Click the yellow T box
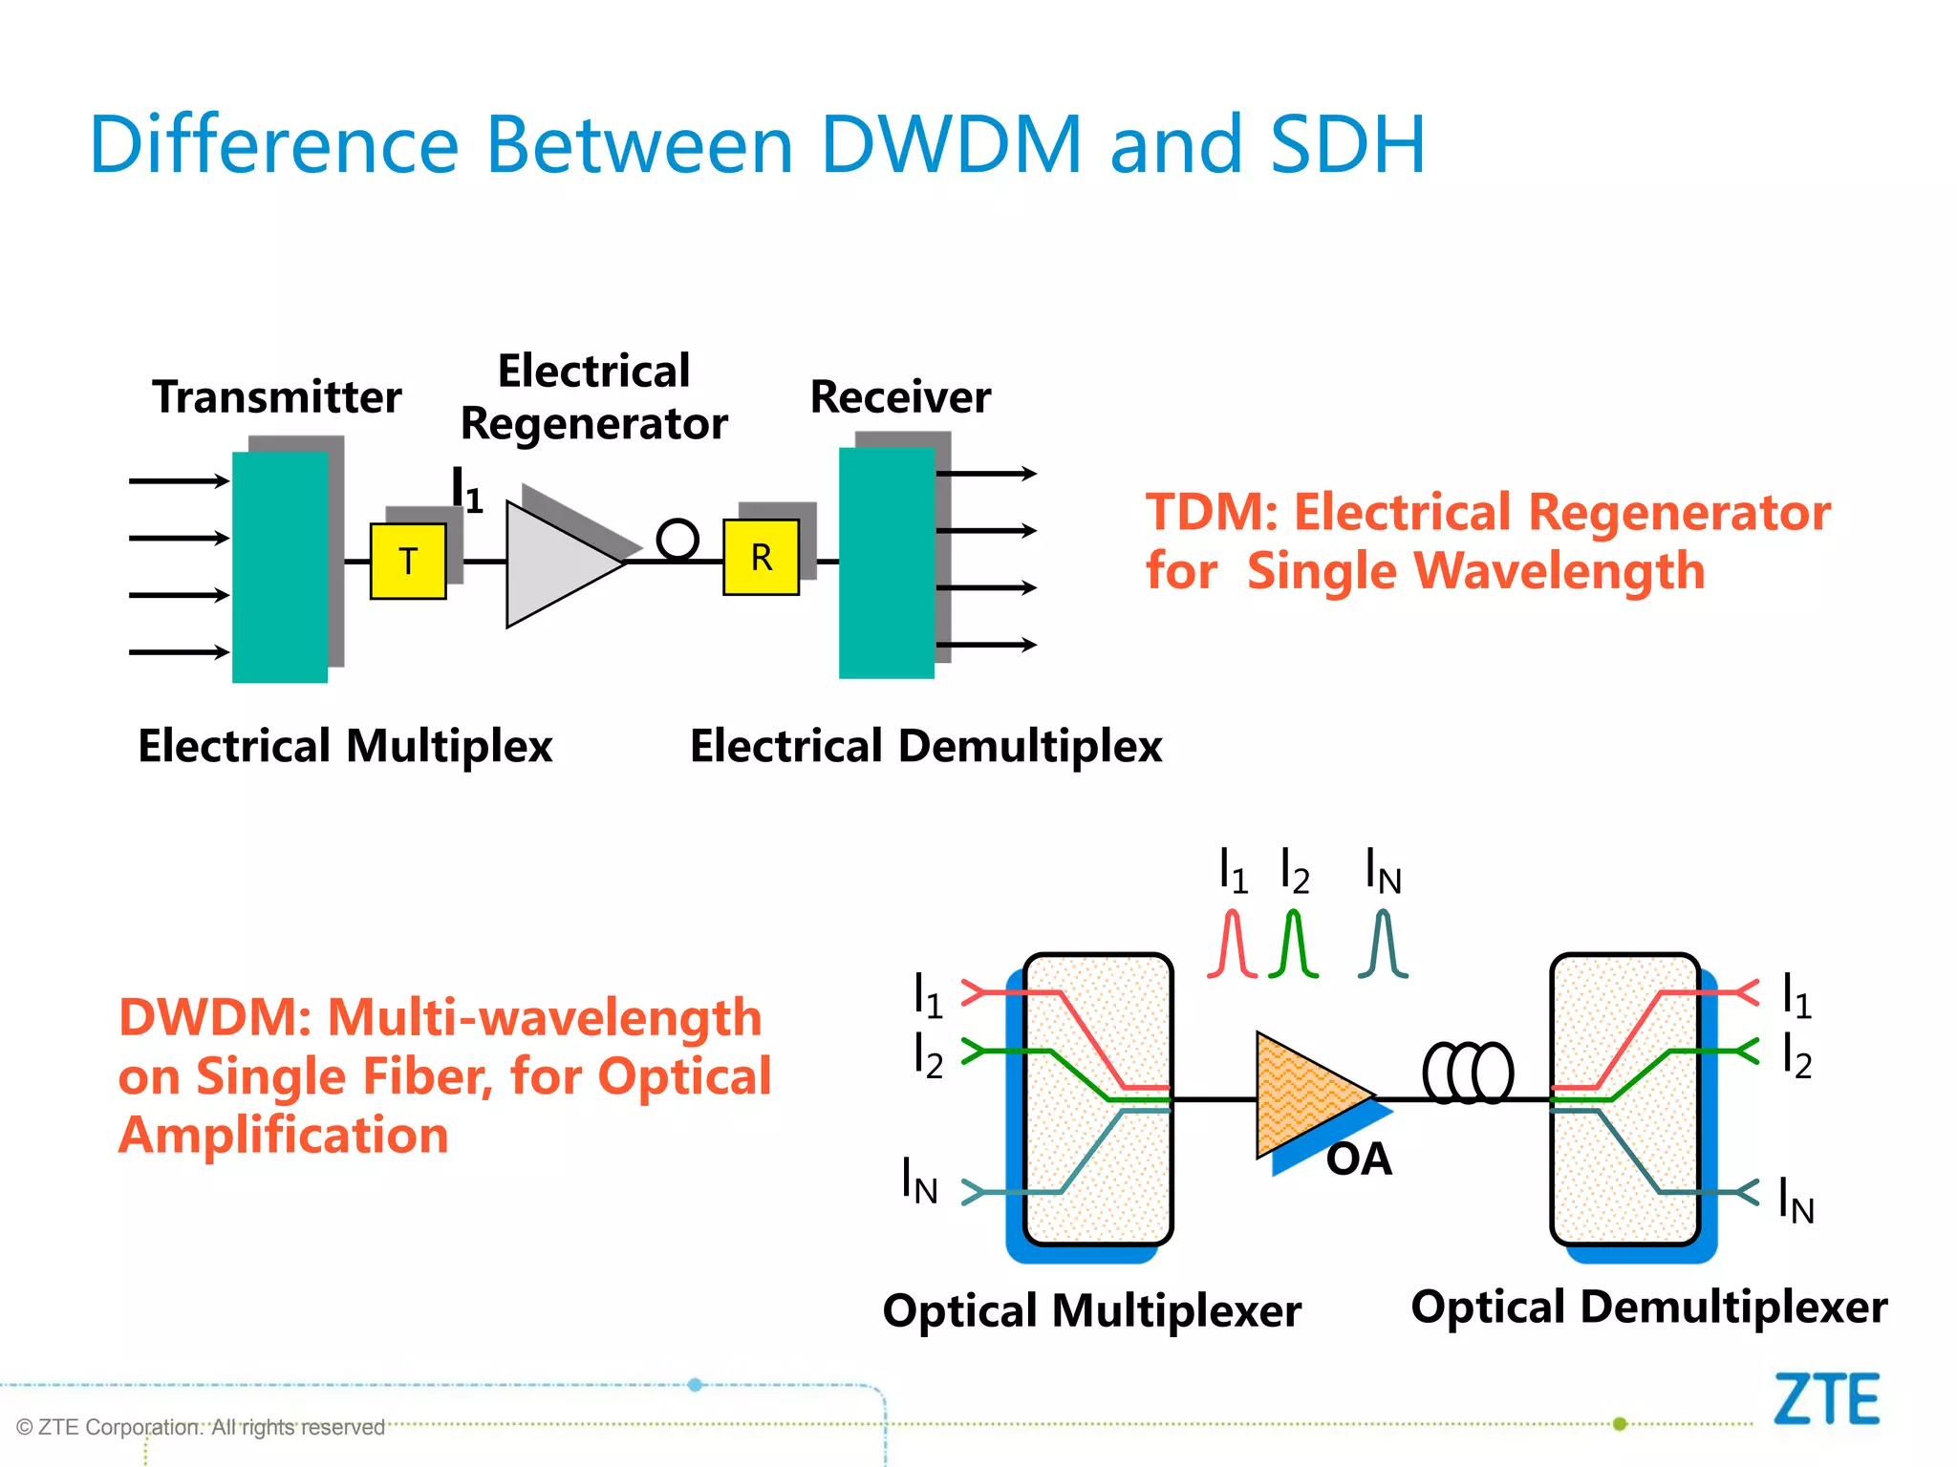[x=408, y=562]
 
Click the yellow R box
[x=761, y=558]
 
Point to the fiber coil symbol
[x=1469, y=1073]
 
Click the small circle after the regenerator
[x=677, y=539]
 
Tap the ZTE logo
[x=1826, y=1400]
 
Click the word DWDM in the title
[x=951, y=145]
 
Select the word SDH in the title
[x=1347, y=145]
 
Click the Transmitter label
[x=276, y=397]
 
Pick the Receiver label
[x=900, y=397]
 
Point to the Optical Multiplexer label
[x=1091, y=1310]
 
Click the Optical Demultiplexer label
[x=1649, y=1307]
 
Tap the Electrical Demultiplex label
[x=925, y=746]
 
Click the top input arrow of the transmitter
[x=179, y=481]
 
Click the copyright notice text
[x=201, y=1427]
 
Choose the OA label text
[x=1358, y=1159]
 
